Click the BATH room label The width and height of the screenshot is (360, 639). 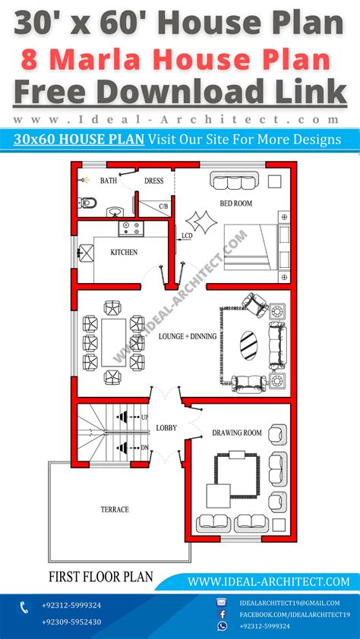point(108,181)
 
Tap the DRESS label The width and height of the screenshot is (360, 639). point(153,181)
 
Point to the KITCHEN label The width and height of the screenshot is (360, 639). point(124,252)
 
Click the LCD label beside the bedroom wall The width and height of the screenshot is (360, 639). point(187,237)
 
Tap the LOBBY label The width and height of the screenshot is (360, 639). point(166,428)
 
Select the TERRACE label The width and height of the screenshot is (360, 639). point(114,509)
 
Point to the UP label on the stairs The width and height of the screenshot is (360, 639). point(144,417)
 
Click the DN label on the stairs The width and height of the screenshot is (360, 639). point(144,447)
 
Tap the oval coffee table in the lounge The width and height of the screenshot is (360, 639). point(248,345)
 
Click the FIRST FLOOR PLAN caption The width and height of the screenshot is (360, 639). point(100,577)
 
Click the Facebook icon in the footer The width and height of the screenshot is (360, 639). point(222,613)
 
